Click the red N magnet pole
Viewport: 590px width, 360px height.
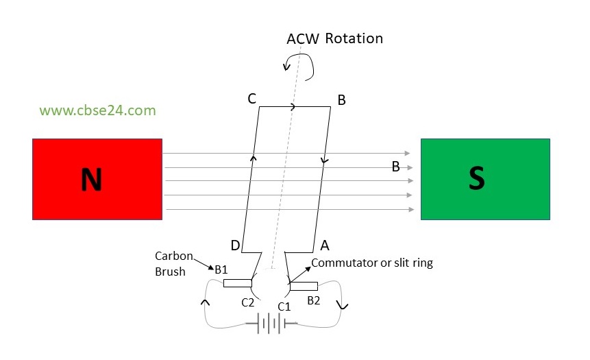pyautogui.click(x=97, y=179)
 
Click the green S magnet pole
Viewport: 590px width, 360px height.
pyautogui.click(x=485, y=179)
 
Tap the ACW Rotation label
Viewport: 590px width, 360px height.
pyautogui.click(x=334, y=38)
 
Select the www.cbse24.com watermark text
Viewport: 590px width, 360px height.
pyautogui.click(x=97, y=110)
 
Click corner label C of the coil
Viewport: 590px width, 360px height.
pyautogui.click(x=251, y=99)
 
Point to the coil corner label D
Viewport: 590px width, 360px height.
pyautogui.click(x=234, y=245)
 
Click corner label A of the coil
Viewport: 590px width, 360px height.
pyautogui.click(x=325, y=245)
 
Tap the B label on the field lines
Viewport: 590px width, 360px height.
pyautogui.click(x=395, y=167)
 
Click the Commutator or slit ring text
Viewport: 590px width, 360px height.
pyautogui.click(x=372, y=262)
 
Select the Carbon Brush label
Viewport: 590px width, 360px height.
pyautogui.click(x=169, y=263)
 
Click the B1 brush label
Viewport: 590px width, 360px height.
pyautogui.click(x=221, y=269)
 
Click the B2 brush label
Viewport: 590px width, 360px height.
pyautogui.click(x=313, y=300)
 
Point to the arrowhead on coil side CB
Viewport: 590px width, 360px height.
pyautogui.click(x=294, y=107)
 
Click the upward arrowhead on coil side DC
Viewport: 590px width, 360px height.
pyautogui.click(x=253, y=158)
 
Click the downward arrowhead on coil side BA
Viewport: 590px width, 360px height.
pyautogui.click(x=324, y=161)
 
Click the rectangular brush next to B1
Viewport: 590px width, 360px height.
pyautogui.click(x=237, y=283)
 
